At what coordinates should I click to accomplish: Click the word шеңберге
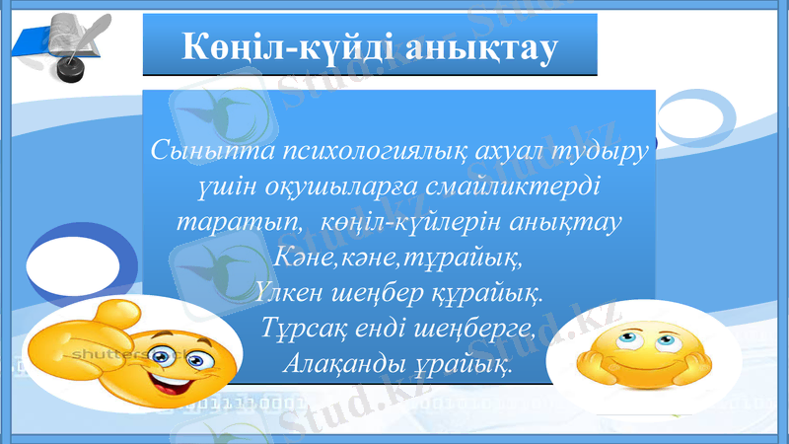(x=477, y=329)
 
